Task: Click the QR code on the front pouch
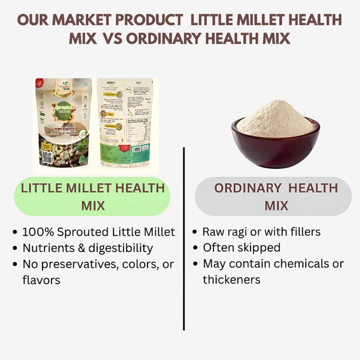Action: [47, 157]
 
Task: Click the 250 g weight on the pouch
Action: [63, 162]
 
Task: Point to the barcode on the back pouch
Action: [137, 149]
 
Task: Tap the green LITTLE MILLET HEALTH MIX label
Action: [92, 197]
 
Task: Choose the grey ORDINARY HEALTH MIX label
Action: [276, 197]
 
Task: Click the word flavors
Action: [41, 280]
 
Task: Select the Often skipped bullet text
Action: [241, 248]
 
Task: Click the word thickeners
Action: [231, 280]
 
